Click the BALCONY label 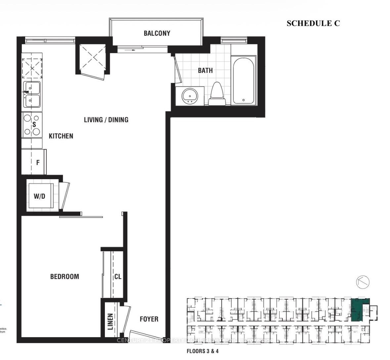157,33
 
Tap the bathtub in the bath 243,80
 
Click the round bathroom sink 190,96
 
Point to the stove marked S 32,125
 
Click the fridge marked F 34,162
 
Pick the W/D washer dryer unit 40,196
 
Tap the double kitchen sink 32,94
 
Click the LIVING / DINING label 106,120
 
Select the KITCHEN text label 61,136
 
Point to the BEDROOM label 65,276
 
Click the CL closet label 118,276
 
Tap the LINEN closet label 110,321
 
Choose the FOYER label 149,319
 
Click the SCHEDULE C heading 313,23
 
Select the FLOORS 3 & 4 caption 202,351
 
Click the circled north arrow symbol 363,282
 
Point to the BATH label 205,70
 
